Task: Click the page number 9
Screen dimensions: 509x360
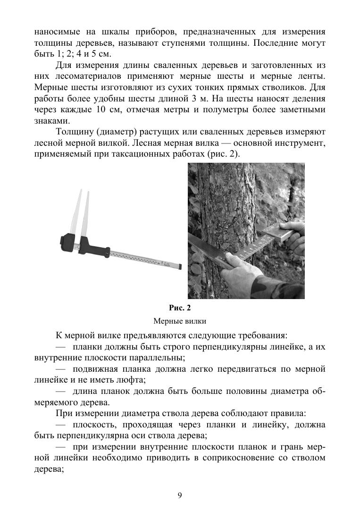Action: [180, 495]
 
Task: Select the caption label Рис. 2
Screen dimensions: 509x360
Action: [180, 308]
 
